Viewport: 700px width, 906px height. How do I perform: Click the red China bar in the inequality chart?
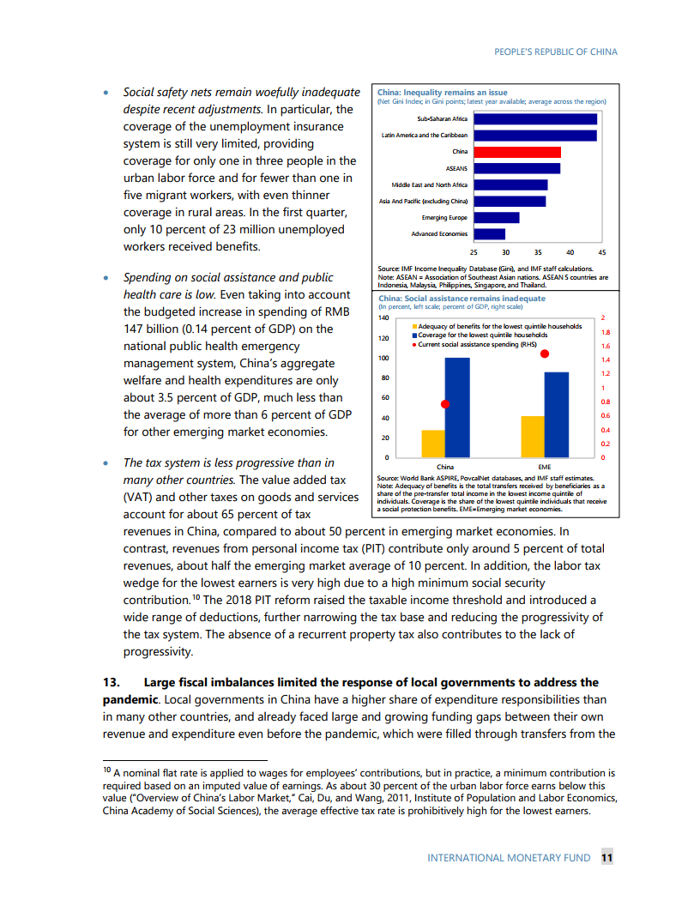[x=516, y=152]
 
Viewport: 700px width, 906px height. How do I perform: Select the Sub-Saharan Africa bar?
[x=534, y=119]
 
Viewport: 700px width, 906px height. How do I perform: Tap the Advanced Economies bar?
[x=489, y=233]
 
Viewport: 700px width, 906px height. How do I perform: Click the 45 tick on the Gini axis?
[x=602, y=253]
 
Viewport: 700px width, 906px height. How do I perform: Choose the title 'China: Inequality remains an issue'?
[x=443, y=93]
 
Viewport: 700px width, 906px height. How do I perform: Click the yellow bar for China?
[x=433, y=444]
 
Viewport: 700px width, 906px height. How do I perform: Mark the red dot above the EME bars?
[x=545, y=353]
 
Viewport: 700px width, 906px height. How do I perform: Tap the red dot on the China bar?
[x=445, y=404]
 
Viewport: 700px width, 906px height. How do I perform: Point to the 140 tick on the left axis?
[x=383, y=317]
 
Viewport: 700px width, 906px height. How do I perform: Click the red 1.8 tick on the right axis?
[x=606, y=332]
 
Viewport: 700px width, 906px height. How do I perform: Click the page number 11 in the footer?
[x=606, y=857]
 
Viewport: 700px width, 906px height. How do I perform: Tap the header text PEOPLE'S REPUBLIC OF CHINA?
[x=556, y=51]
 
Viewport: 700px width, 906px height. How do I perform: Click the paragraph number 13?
[x=110, y=683]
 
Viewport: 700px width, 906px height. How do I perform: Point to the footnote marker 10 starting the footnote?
[x=97, y=771]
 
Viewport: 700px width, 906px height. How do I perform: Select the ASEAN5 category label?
[x=455, y=168]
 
